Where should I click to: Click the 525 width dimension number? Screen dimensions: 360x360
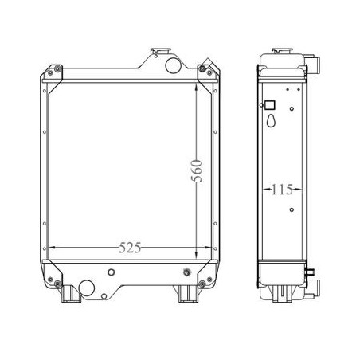pyautogui.click(x=130, y=248)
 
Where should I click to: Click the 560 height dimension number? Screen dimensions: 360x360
pyautogui.click(x=197, y=170)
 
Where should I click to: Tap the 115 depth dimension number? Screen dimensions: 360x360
pyautogui.click(x=282, y=190)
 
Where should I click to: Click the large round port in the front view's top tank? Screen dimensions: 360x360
pyautogui.click(x=173, y=65)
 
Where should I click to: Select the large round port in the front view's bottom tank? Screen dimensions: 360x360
pyautogui.click(x=87, y=288)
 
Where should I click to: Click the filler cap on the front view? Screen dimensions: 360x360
pyautogui.click(x=161, y=50)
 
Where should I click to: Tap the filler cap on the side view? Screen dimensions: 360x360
pyautogui.click(x=282, y=50)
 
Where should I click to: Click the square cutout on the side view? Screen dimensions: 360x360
pyautogui.click(x=270, y=105)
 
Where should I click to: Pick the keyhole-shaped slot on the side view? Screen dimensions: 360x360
pyautogui.click(x=272, y=120)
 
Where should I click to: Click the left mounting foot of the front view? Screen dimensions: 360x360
pyautogui.click(x=71, y=294)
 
